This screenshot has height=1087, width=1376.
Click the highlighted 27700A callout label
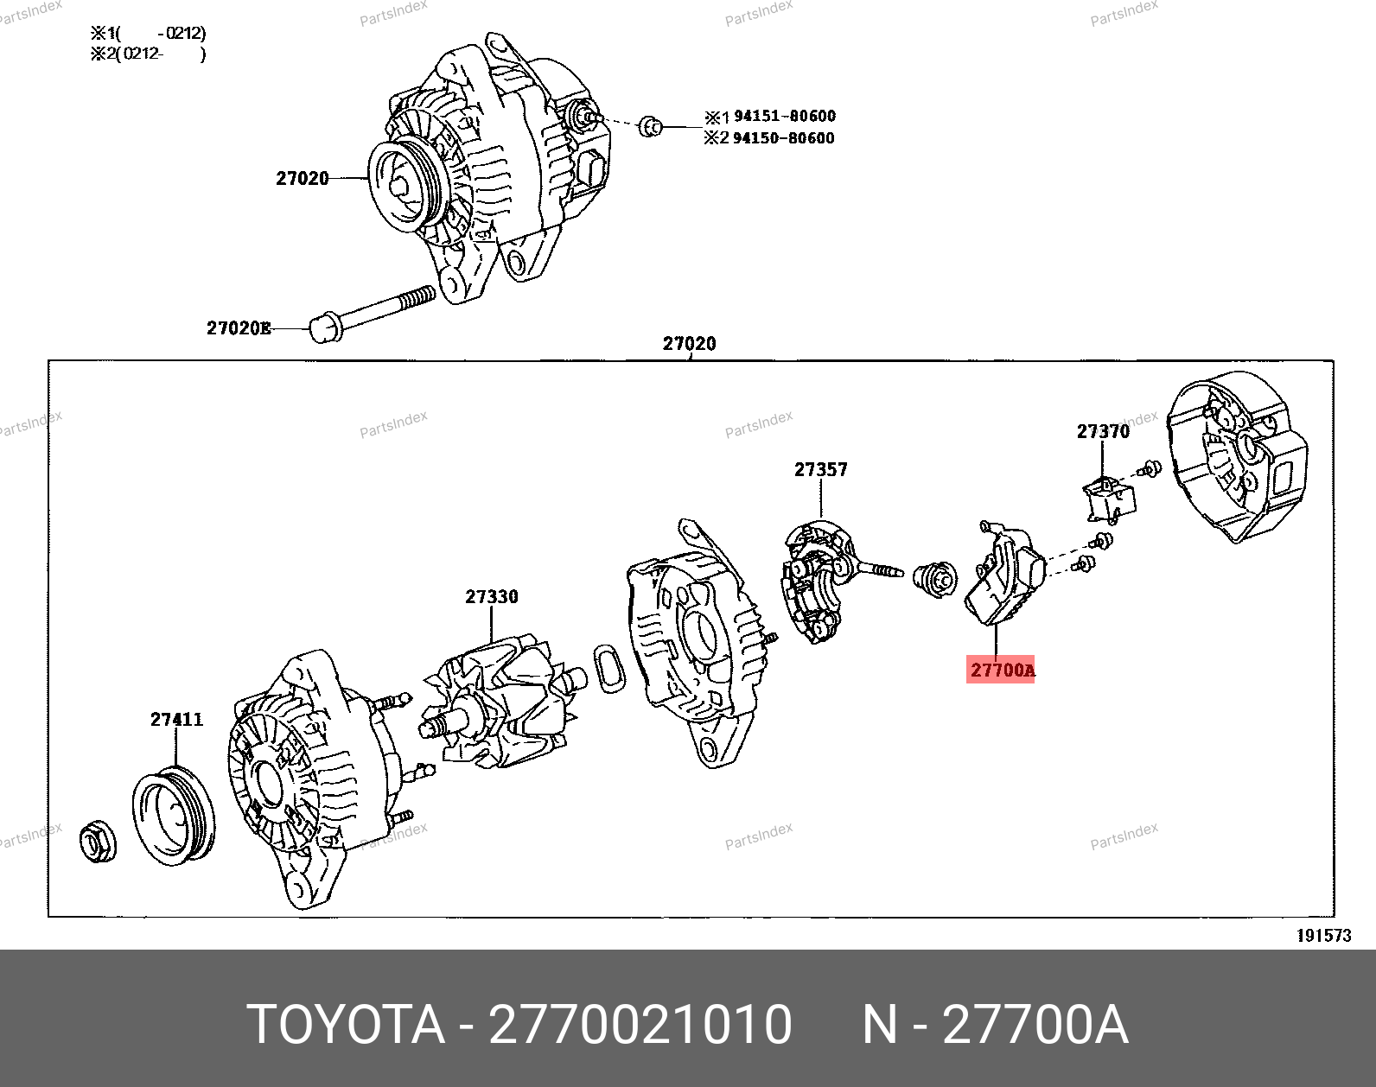tap(1000, 670)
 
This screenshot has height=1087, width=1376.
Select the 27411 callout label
tap(176, 719)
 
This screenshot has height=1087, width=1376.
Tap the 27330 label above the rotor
tap(491, 596)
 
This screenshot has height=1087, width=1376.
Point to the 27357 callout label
tap(820, 469)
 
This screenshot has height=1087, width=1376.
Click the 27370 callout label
tap(1103, 432)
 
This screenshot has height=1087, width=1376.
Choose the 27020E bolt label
tap(239, 328)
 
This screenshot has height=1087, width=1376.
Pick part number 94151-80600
tap(784, 116)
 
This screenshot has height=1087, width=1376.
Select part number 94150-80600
tap(783, 137)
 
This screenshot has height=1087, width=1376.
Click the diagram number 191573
tap(1323, 936)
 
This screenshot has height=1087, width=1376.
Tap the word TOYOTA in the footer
tap(346, 1025)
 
